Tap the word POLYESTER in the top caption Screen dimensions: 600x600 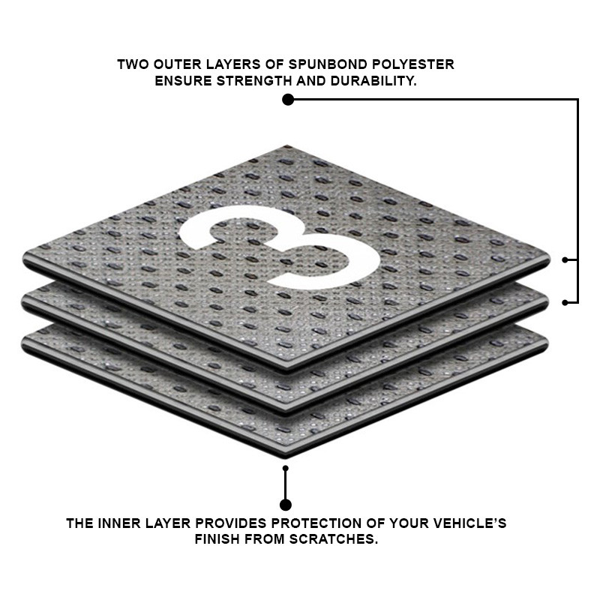point(414,64)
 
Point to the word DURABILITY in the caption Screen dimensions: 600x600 point(373,81)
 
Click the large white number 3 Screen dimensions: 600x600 point(280,247)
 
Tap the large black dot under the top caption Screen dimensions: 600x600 point(288,100)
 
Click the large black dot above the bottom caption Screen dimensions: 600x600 point(286,505)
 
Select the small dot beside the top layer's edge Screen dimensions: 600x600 point(565,259)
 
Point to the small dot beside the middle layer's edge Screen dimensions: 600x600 point(565,302)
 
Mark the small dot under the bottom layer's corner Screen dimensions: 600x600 point(286,468)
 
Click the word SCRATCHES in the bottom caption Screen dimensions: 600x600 point(334,539)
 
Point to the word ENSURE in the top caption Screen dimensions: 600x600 point(183,81)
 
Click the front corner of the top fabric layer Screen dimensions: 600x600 point(286,370)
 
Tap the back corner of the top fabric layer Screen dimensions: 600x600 point(287,145)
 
